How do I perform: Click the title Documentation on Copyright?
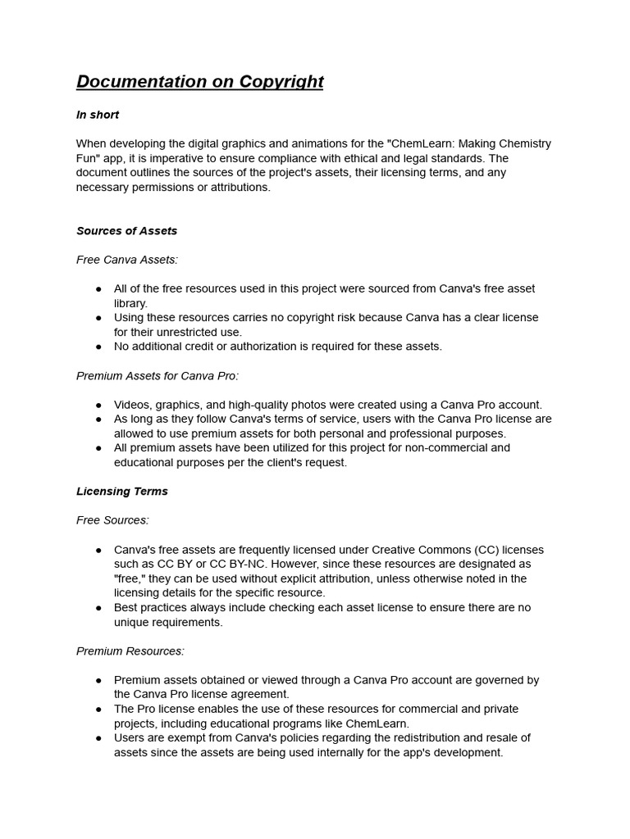[199, 82]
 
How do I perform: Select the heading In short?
[98, 115]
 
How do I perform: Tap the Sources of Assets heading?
[126, 231]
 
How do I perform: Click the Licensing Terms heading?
[121, 492]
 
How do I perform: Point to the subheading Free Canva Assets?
[126, 260]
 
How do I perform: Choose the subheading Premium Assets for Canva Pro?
[157, 376]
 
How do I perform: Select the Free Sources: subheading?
[112, 520]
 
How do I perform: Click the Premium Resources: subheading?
[130, 651]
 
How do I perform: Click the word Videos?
[132, 405]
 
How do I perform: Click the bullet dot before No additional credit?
[98, 347]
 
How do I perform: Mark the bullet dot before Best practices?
[98, 607]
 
